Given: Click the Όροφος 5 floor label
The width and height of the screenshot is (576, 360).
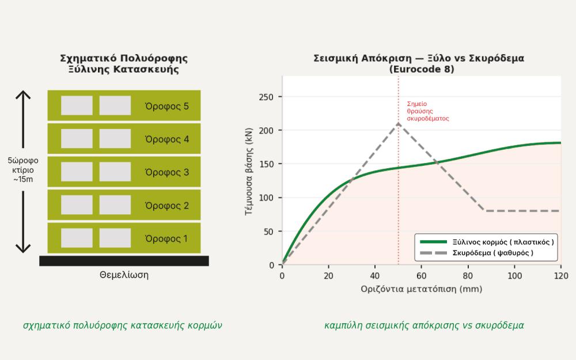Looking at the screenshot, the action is point(167,106).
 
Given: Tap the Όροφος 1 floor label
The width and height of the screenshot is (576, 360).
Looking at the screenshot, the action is point(166,238).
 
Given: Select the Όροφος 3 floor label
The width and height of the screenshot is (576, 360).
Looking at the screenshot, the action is point(167,172).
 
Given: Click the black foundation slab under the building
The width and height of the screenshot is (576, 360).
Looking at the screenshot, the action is point(124,261).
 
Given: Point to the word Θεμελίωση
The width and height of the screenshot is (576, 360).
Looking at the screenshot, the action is point(124,275).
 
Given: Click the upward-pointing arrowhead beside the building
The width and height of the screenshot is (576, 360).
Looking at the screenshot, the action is point(23,95).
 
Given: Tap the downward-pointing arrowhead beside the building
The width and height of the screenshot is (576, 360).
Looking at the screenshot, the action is point(23,248).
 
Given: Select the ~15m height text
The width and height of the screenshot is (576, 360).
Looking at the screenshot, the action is point(23,179).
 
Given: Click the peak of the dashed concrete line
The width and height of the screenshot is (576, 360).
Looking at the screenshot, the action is point(398,123).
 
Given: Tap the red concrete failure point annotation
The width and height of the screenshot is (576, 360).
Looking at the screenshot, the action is point(428,111).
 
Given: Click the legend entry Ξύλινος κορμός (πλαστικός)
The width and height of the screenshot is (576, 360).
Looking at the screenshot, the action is point(486,242).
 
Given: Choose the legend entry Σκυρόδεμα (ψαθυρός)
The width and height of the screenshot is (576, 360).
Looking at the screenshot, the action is point(476,253).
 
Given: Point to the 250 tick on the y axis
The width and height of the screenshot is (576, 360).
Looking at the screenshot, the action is point(266,97).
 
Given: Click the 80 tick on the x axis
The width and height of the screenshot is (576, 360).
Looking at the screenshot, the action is point(468,275).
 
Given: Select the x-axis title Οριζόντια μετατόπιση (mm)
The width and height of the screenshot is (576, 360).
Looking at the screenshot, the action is point(422,289).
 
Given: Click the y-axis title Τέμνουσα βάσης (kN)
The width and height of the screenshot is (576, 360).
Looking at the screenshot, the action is point(249,171).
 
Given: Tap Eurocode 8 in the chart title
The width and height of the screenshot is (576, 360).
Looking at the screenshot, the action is point(422,69).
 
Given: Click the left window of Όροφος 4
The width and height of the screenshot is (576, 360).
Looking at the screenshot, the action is point(77,138).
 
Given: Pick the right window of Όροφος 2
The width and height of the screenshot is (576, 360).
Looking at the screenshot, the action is point(115,204).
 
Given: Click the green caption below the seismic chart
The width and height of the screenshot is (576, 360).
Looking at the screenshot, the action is point(424,325).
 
